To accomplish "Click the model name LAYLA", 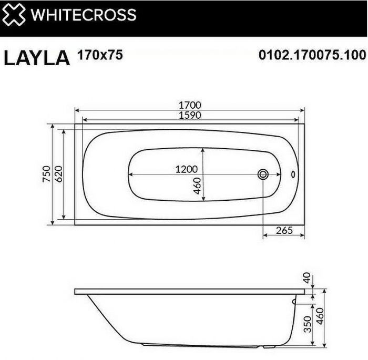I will coord(37,57).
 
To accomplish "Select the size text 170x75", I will coord(100,54).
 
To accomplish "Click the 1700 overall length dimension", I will coord(190,106).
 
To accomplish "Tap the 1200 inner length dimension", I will coord(186,169).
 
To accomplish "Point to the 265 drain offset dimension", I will coord(284,230).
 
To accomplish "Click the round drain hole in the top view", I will coord(263,174).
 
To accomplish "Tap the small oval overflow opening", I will coord(293,174).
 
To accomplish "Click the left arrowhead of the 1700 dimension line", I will coord(77,110).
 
